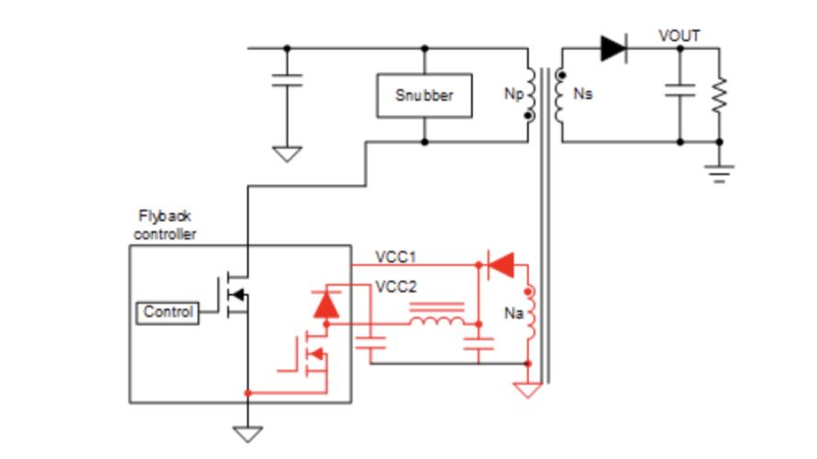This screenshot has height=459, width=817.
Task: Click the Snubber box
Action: tap(424, 95)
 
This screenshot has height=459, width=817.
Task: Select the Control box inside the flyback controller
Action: tap(167, 313)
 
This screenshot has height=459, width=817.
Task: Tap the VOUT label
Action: tap(679, 36)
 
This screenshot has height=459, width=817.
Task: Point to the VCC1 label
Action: tap(396, 257)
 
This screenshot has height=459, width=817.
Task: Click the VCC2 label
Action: tap(396, 287)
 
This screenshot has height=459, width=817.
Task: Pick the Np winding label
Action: tap(514, 94)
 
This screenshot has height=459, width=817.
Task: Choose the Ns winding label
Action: tap(583, 94)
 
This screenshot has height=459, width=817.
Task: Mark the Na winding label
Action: tap(513, 313)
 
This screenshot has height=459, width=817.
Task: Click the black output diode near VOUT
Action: tap(614, 49)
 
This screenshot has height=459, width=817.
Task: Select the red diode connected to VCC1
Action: tap(500, 265)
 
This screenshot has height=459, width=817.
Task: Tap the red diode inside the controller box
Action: tap(326, 306)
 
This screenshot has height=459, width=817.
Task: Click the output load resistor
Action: tap(719, 95)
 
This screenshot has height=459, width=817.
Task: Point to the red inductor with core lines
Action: tap(437, 314)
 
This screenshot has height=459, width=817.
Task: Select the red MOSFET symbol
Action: tap(311, 354)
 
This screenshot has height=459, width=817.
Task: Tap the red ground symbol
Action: tap(527, 390)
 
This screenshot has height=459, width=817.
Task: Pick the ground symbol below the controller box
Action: tap(248, 434)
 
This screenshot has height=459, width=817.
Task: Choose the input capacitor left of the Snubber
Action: tap(286, 81)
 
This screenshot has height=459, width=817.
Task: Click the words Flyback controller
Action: tap(164, 225)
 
